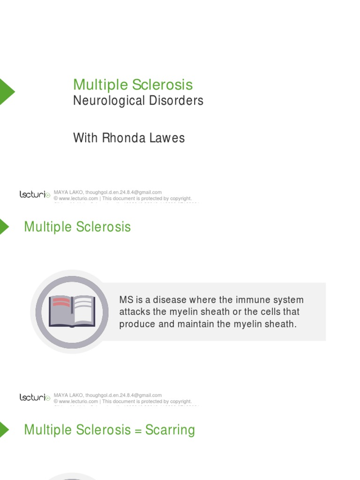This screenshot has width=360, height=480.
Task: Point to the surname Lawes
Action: (167, 138)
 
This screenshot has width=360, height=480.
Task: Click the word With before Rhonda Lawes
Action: (86, 138)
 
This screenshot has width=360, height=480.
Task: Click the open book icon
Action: (72, 311)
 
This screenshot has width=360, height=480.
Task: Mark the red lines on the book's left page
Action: (61, 302)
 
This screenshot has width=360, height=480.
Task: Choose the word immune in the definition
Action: (238, 300)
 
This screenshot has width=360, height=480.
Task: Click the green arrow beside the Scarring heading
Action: (4, 430)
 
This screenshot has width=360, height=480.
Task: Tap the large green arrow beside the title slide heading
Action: (7, 91)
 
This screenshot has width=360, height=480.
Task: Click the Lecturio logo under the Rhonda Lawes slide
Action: (35, 195)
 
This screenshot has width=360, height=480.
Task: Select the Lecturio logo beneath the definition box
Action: (35, 397)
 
